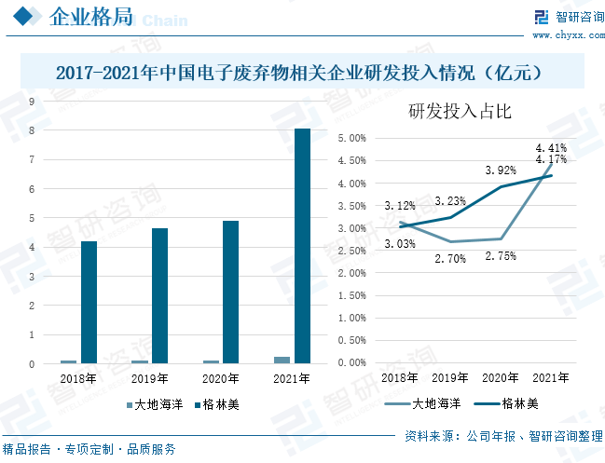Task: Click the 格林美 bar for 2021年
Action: (302, 246)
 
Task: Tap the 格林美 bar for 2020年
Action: (230, 292)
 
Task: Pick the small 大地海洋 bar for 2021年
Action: (282, 360)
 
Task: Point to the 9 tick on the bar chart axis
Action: (32, 102)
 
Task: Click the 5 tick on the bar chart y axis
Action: (32, 219)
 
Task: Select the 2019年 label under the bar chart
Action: (149, 379)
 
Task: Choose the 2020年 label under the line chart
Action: (501, 378)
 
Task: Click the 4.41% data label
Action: (550, 147)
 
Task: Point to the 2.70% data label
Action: (450, 259)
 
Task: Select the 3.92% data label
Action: (501, 170)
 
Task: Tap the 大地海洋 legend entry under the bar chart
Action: (155, 405)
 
